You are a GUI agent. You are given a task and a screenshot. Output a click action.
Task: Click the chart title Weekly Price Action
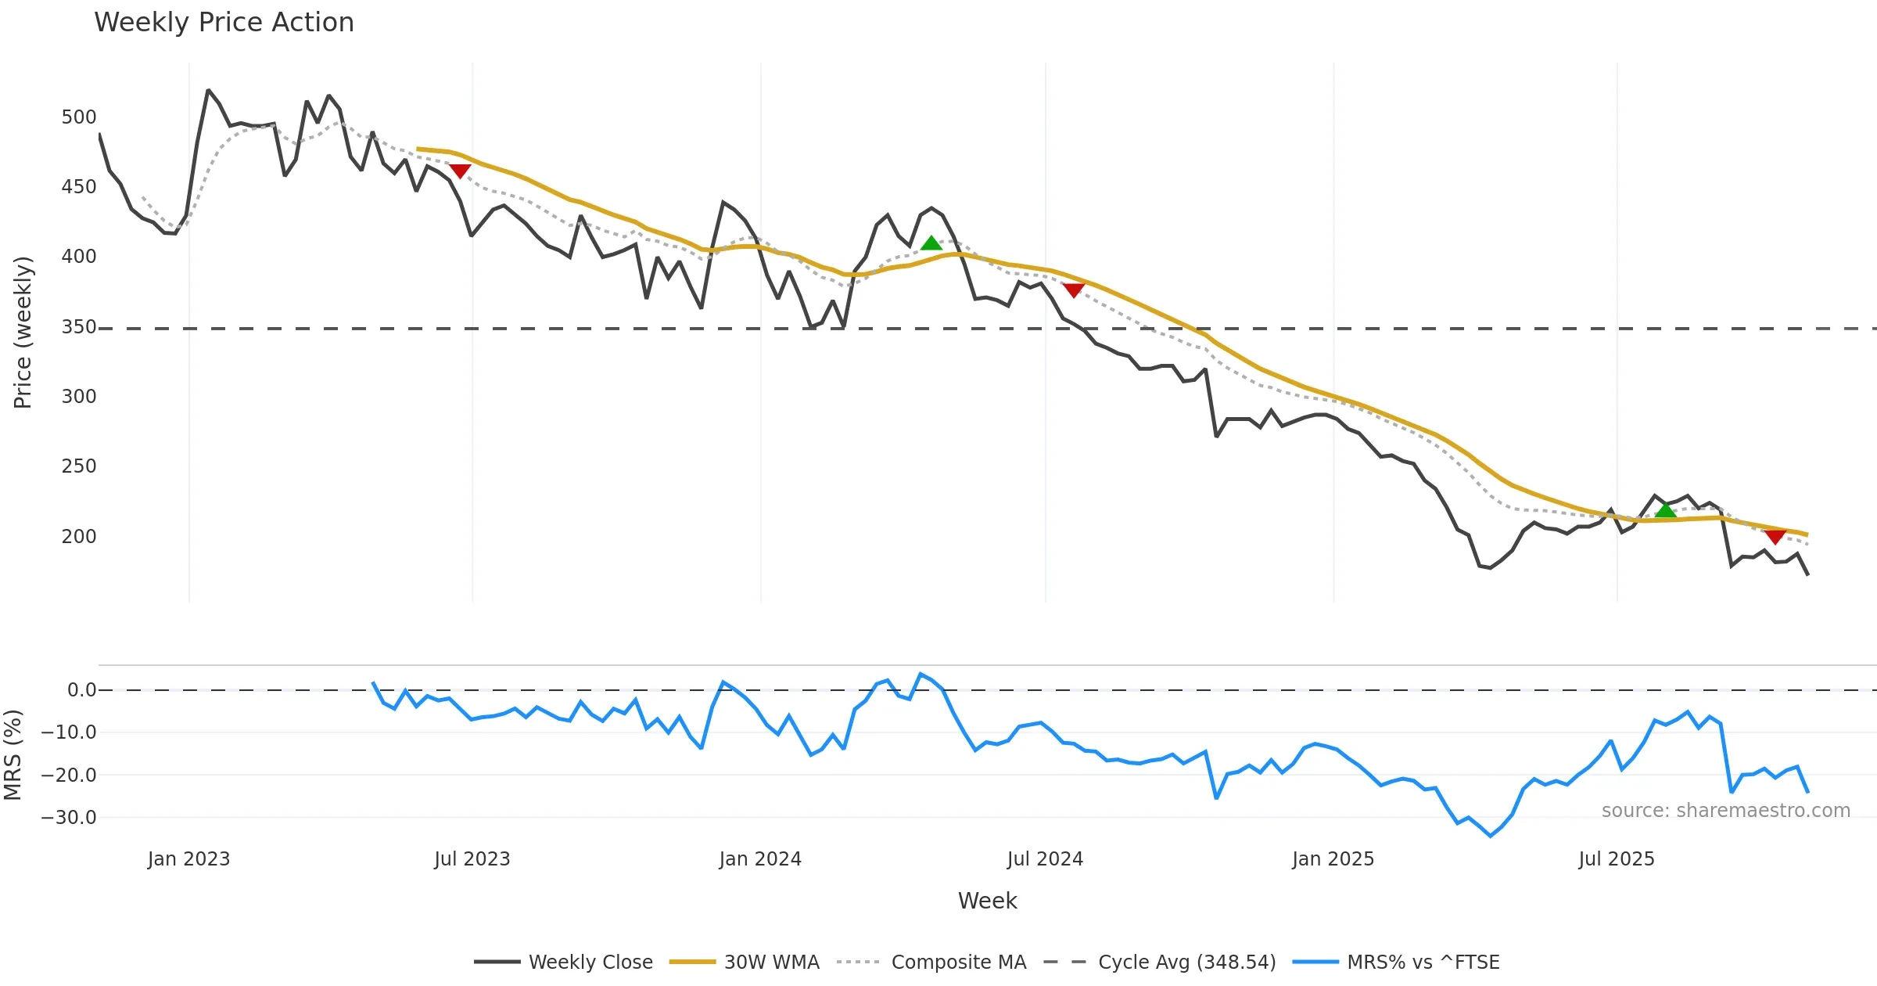coord(224,23)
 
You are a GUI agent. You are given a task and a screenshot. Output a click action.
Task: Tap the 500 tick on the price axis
coord(79,117)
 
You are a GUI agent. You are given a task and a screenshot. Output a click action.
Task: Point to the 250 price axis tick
coord(79,466)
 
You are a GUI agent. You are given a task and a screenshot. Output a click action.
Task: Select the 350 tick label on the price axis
coord(79,327)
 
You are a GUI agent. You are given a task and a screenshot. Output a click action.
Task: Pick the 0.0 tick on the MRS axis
coord(81,690)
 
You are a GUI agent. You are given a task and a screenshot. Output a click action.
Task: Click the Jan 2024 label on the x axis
coord(760,859)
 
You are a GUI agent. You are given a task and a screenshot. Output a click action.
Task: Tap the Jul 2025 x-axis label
coord(1617,859)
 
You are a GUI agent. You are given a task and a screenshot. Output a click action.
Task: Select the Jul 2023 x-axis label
coord(472,859)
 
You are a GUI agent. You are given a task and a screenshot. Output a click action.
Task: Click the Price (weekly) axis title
coord(23,333)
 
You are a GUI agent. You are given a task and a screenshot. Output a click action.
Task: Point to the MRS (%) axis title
coord(13,755)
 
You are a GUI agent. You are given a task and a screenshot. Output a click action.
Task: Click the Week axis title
coord(988,901)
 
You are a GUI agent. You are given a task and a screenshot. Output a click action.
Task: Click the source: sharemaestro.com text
coord(1725,811)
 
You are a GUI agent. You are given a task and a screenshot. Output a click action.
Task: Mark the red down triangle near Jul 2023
coord(460,171)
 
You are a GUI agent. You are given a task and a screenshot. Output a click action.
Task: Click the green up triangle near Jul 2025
coord(1665,510)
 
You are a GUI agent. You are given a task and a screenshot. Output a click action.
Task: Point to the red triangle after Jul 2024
coord(1074,290)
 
